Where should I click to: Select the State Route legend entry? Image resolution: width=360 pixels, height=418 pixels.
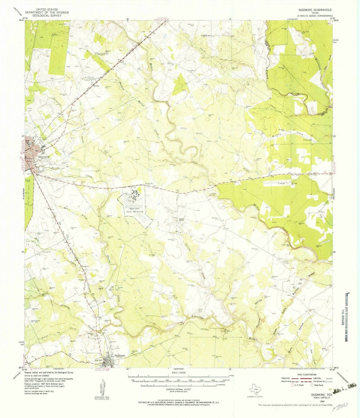pos(317,385)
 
